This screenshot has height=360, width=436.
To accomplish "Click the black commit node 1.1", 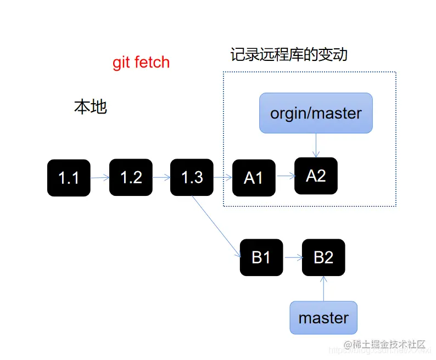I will coord(69,178).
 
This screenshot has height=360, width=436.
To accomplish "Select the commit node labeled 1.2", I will coord(131,177).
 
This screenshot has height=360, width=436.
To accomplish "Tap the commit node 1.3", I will coord(192,177).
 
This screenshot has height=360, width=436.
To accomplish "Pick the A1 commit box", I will coord(254,178).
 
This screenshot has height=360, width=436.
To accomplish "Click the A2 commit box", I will coord(316,176).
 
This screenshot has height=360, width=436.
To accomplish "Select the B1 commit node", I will coord(261,257).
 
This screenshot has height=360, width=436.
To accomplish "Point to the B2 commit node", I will coord(323,257).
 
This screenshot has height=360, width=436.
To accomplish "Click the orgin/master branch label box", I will coord(316,113).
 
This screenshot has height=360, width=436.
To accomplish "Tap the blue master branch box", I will coord(323,318).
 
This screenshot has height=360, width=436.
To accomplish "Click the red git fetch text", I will coord(141,63).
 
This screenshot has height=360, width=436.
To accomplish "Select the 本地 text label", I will coord(90,107).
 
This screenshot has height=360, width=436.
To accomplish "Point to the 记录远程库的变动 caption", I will coord(289,55).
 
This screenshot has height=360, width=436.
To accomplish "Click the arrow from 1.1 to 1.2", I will coord(100,178).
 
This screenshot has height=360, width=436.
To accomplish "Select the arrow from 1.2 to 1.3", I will coord(161,177).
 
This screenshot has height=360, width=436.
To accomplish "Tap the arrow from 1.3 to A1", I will coord(223,177).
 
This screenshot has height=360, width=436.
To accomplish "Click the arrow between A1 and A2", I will coord(285,177).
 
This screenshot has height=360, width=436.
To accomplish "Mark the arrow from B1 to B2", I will coord(292,257).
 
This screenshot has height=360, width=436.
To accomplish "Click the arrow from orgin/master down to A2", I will coord(316,145).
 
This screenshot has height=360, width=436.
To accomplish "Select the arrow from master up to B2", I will coord(323,289).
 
